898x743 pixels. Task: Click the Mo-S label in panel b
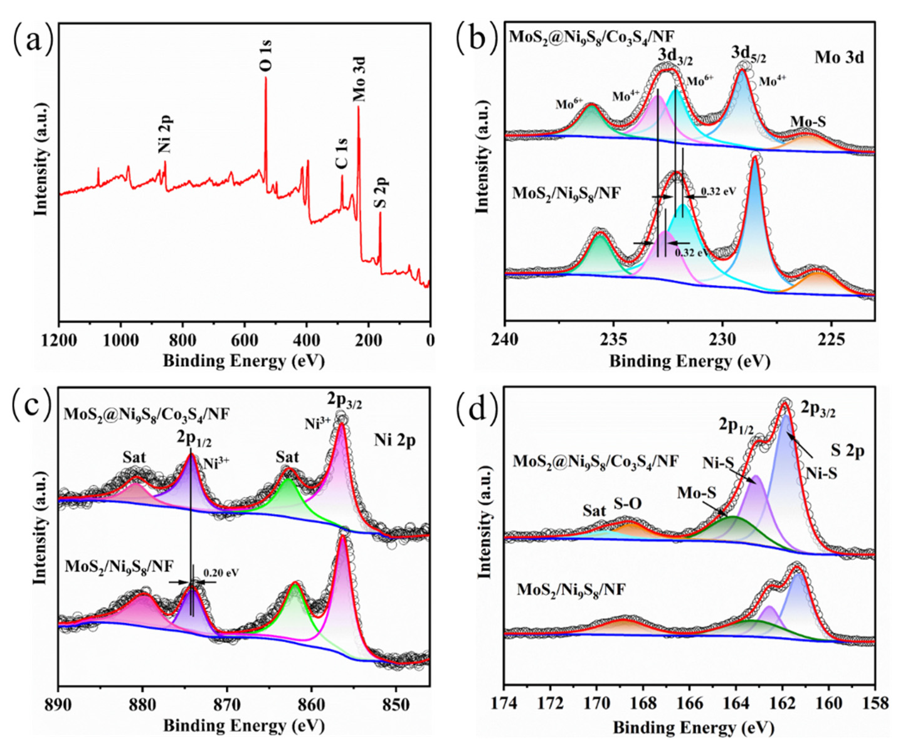(x=808, y=122)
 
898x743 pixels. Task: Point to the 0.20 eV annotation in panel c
(x=221, y=572)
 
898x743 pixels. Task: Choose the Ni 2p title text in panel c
(x=394, y=441)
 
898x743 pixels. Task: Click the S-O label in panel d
(x=628, y=505)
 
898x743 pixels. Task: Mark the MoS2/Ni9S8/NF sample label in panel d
(x=571, y=590)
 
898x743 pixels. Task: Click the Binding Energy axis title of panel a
(x=244, y=361)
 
